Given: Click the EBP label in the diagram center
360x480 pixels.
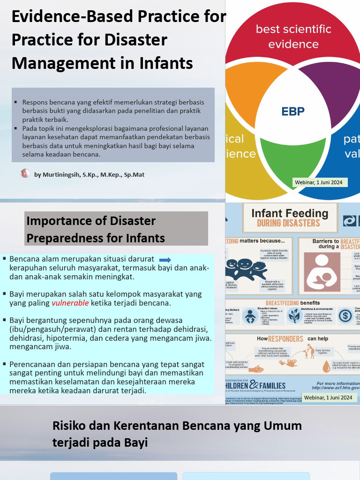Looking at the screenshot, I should click(x=293, y=112).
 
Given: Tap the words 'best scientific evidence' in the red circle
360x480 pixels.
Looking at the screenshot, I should click(x=293, y=37).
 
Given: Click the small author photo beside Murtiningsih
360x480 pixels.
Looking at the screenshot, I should click(x=25, y=174).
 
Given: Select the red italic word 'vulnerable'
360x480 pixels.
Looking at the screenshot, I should click(x=70, y=303).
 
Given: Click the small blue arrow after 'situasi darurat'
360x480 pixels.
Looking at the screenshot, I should click(x=165, y=260).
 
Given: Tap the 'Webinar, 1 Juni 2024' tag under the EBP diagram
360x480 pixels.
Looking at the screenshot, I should click(x=319, y=182).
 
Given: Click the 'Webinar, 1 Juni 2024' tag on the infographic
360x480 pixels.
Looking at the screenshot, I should click(x=328, y=397).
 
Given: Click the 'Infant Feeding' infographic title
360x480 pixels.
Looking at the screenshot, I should click(x=290, y=214).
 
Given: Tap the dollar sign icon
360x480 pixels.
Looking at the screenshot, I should click(x=345, y=316).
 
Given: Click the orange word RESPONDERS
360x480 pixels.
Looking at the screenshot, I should click(x=285, y=338).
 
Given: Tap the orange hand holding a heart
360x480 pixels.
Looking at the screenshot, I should click(x=291, y=363).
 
